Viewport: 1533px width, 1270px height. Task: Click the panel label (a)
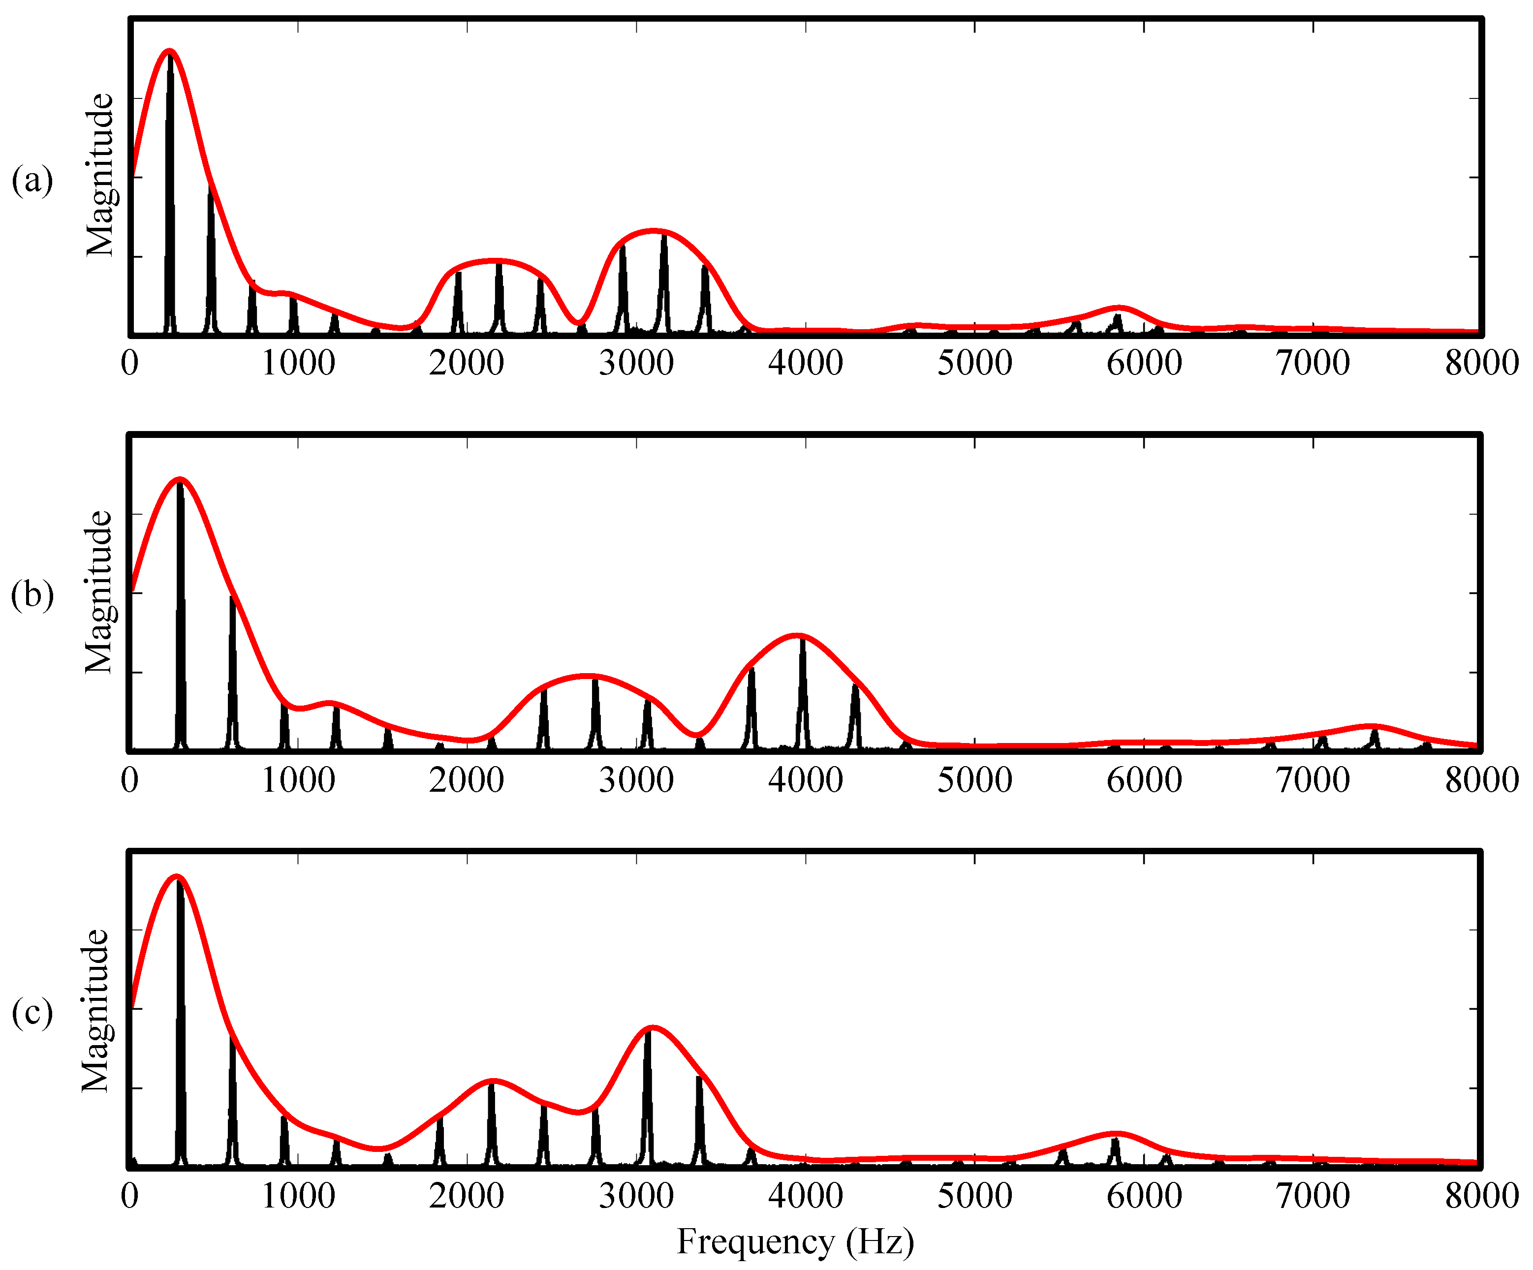pyautogui.click(x=32, y=180)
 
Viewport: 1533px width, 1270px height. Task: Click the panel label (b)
pyautogui.click(x=32, y=595)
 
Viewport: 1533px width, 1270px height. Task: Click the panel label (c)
pyautogui.click(x=32, y=1012)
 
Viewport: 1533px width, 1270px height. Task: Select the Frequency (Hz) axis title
pyautogui.click(x=795, y=1241)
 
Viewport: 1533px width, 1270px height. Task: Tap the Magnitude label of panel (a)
pyautogui.click(x=100, y=175)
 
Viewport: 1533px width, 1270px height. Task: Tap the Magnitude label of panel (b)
pyautogui.click(x=98, y=592)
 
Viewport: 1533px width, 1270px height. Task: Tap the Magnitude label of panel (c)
pyautogui.click(x=95, y=1010)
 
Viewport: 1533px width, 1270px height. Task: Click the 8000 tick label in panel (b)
pyautogui.click(x=1481, y=779)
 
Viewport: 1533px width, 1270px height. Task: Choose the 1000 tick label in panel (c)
pyautogui.click(x=298, y=1196)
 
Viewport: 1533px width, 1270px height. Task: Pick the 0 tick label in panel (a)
pyautogui.click(x=130, y=363)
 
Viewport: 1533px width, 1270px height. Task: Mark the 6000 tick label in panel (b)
pyautogui.click(x=1144, y=779)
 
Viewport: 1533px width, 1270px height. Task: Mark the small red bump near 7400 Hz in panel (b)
pyautogui.click(x=1373, y=726)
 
